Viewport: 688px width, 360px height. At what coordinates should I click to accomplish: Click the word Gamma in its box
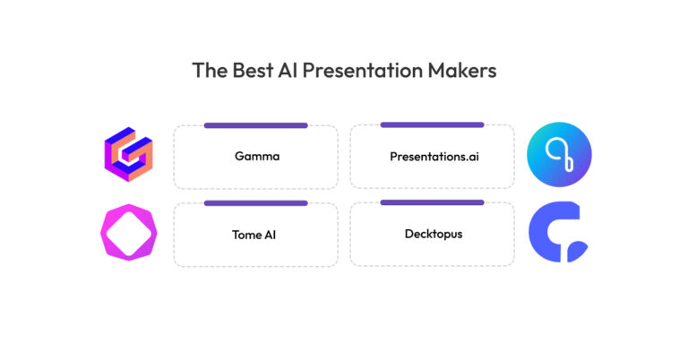point(257,156)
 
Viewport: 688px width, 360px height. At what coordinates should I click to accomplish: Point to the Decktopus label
point(432,234)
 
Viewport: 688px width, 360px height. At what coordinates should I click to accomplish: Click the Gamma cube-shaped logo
point(128,156)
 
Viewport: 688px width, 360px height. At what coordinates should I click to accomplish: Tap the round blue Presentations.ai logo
point(559,156)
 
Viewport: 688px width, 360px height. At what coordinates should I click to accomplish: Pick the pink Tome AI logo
point(128,235)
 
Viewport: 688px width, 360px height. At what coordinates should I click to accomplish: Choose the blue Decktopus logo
point(558,234)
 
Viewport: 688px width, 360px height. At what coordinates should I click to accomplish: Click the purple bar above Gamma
point(255,125)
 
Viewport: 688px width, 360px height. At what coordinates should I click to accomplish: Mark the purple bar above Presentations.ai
point(432,124)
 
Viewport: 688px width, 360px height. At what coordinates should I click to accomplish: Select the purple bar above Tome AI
point(255,203)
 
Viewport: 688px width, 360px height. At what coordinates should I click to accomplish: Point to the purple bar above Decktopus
point(432,202)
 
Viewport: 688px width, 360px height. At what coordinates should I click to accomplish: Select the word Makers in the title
point(464,71)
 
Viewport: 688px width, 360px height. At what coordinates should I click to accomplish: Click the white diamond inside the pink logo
point(128,235)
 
